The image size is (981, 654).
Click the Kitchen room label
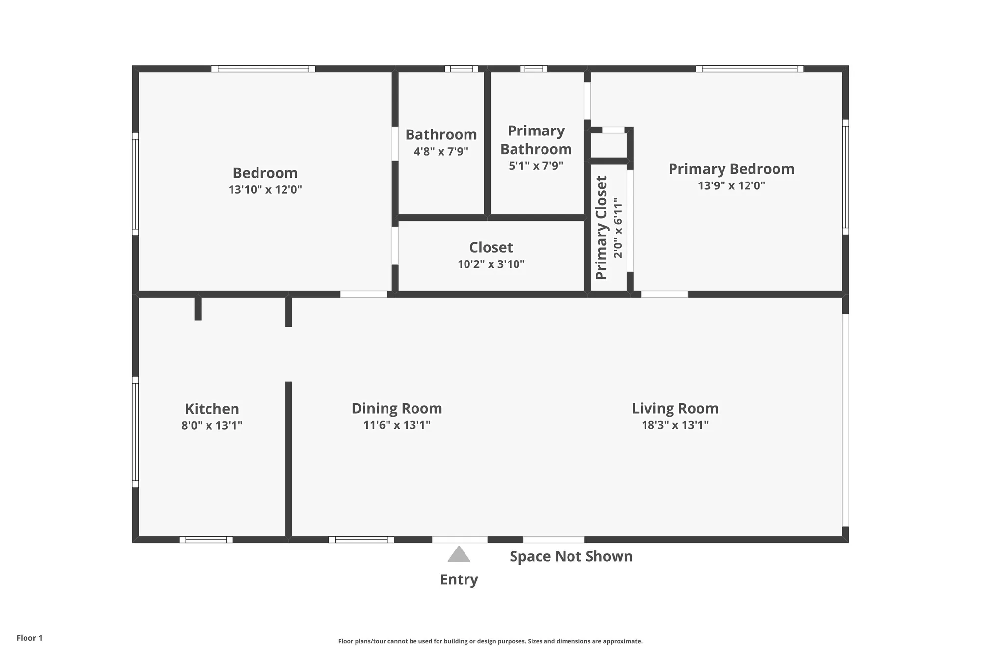tap(212, 409)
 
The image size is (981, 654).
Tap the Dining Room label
tap(397, 408)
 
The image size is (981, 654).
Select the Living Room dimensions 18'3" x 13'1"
tap(675, 425)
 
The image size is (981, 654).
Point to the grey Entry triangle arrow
tap(459, 554)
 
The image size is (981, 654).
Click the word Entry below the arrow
tap(459, 579)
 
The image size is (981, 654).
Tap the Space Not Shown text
tap(571, 556)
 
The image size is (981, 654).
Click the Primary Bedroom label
tap(731, 169)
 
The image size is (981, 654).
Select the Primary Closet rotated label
tap(602, 228)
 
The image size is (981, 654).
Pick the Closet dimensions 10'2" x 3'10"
tap(491, 264)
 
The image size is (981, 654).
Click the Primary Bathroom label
tap(536, 140)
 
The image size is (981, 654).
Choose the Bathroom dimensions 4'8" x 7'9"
tap(441, 151)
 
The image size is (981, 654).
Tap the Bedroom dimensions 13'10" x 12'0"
tap(265, 189)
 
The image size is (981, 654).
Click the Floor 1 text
tap(29, 638)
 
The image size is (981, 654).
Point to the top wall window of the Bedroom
tap(263, 69)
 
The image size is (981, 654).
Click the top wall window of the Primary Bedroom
tap(749, 69)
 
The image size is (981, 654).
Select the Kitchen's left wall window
tap(135, 432)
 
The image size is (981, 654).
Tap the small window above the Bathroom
tap(461, 69)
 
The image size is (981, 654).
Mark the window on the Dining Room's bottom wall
tap(361, 540)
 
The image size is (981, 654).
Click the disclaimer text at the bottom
tap(490, 641)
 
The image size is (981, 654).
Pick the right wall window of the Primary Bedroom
tap(845, 177)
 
